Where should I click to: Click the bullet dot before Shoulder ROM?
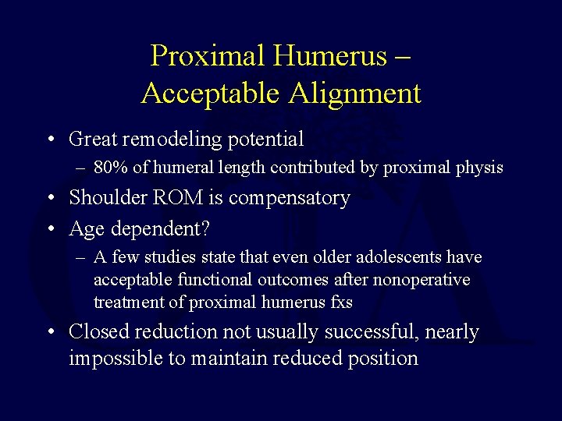click(51, 199)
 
